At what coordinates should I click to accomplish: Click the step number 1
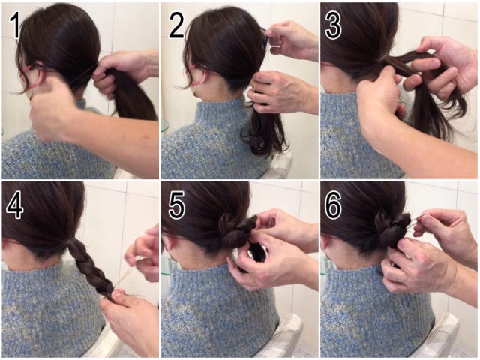[x=13, y=25]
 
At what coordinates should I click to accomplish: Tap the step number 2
[x=177, y=25]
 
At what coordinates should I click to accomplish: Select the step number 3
[x=333, y=25]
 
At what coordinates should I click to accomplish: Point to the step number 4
[x=15, y=205]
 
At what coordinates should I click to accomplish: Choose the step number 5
[x=177, y=205]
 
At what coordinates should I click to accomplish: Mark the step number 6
[x=333, y=205]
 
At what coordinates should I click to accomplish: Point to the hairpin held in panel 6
[x=417, y=221]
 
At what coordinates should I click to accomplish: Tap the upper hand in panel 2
[x=291, y=40]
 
